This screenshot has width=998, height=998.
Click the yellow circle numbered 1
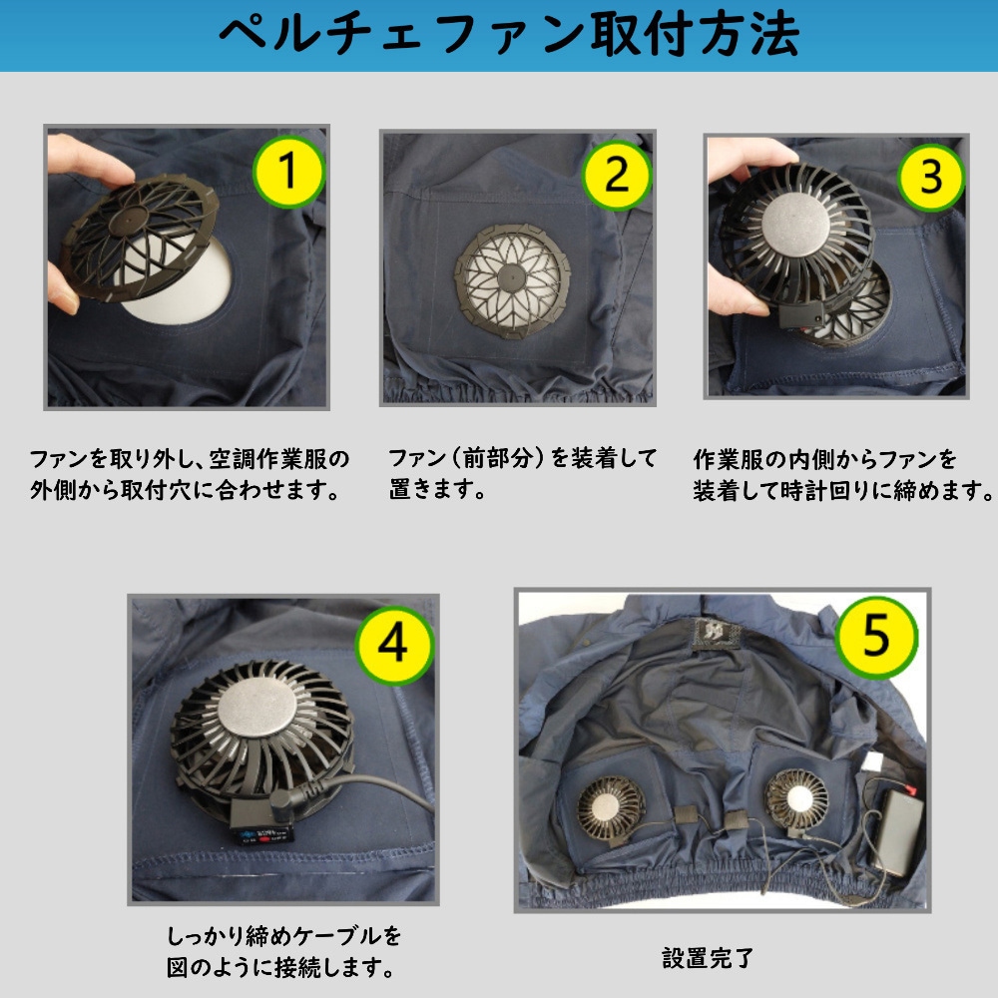289,172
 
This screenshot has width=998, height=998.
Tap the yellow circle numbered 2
616,175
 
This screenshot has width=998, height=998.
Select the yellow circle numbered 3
930,177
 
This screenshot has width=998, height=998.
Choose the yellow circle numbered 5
876,638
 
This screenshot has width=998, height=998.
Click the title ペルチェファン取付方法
509,35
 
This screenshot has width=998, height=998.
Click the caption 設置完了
708,958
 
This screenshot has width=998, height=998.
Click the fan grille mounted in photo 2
512,280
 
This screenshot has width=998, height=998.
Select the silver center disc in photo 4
257,708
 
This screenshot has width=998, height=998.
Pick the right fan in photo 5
796,798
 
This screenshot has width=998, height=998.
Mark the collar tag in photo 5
716,634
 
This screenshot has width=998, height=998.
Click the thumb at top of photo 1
89,159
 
